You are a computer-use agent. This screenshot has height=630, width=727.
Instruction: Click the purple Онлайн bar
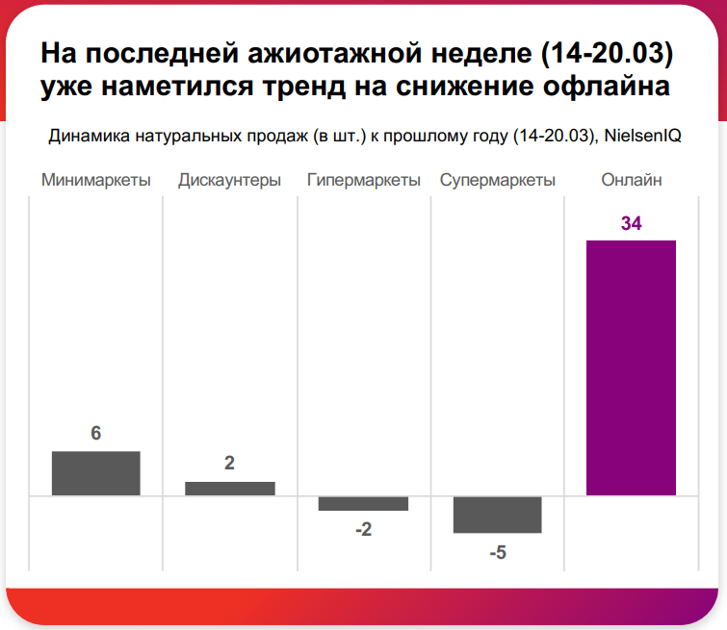click(631, 367)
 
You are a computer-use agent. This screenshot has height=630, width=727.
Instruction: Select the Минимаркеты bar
click(95, 473)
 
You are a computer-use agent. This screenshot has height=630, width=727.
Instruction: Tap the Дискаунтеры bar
click(229, 489)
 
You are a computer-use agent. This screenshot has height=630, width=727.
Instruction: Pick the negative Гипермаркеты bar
click(363, 503)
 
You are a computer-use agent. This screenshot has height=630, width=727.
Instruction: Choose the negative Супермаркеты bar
click(497, 515)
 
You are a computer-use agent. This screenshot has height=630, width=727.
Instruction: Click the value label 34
click(631, 224)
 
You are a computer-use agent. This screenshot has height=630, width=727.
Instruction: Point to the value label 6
click(95, 434)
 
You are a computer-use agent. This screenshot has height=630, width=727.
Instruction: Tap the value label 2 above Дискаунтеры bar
click(229, 463)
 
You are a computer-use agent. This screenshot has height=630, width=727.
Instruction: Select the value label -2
click(363, 529)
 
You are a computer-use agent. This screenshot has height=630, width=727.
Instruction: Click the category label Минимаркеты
click(95, 180)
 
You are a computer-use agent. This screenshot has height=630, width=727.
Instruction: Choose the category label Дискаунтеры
click(229, 180)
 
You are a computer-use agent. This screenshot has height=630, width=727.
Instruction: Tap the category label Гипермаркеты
click(363, 180)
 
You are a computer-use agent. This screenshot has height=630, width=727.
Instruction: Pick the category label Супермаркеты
click(497, 180)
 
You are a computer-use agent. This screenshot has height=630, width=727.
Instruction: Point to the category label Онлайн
click(631, 180)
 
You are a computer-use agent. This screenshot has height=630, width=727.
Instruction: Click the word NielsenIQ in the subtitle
click(643, 137)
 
